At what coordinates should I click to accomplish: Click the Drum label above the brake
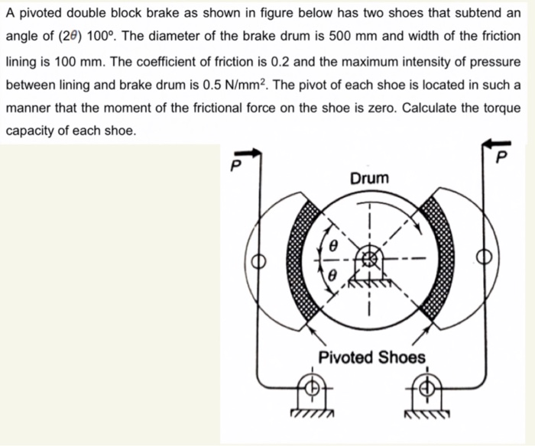pos(369,178)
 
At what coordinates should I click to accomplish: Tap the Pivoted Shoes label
pos(371,357)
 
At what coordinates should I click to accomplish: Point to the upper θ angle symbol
pos(333,246)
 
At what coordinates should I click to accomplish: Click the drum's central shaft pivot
pos(371,260)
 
